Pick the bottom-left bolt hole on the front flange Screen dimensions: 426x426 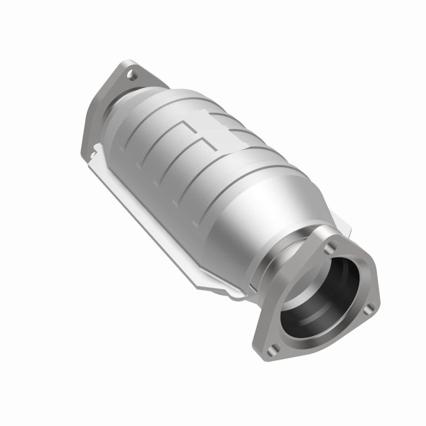272,350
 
